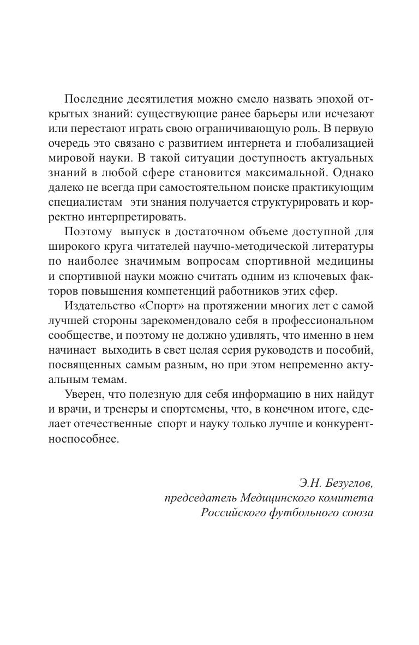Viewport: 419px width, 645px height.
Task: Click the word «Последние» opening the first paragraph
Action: [93, 99]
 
